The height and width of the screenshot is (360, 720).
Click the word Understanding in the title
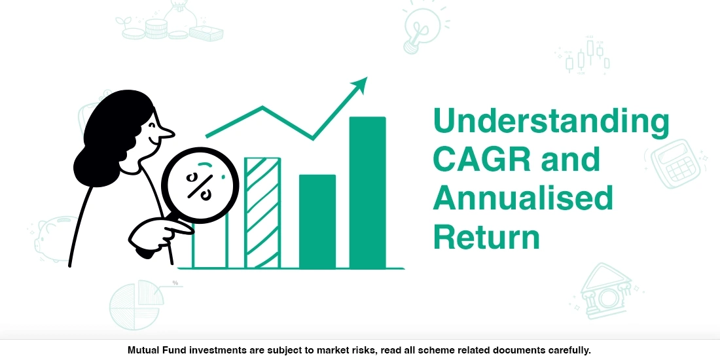551,122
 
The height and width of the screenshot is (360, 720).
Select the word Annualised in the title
522,198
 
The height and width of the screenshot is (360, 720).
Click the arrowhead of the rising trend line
361,84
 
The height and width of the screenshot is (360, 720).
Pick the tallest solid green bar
367,192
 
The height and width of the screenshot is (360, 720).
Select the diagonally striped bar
262,213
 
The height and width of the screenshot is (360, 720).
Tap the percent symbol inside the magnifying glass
198,185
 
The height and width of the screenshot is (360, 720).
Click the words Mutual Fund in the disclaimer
155,350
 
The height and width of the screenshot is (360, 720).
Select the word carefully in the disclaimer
568,350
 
